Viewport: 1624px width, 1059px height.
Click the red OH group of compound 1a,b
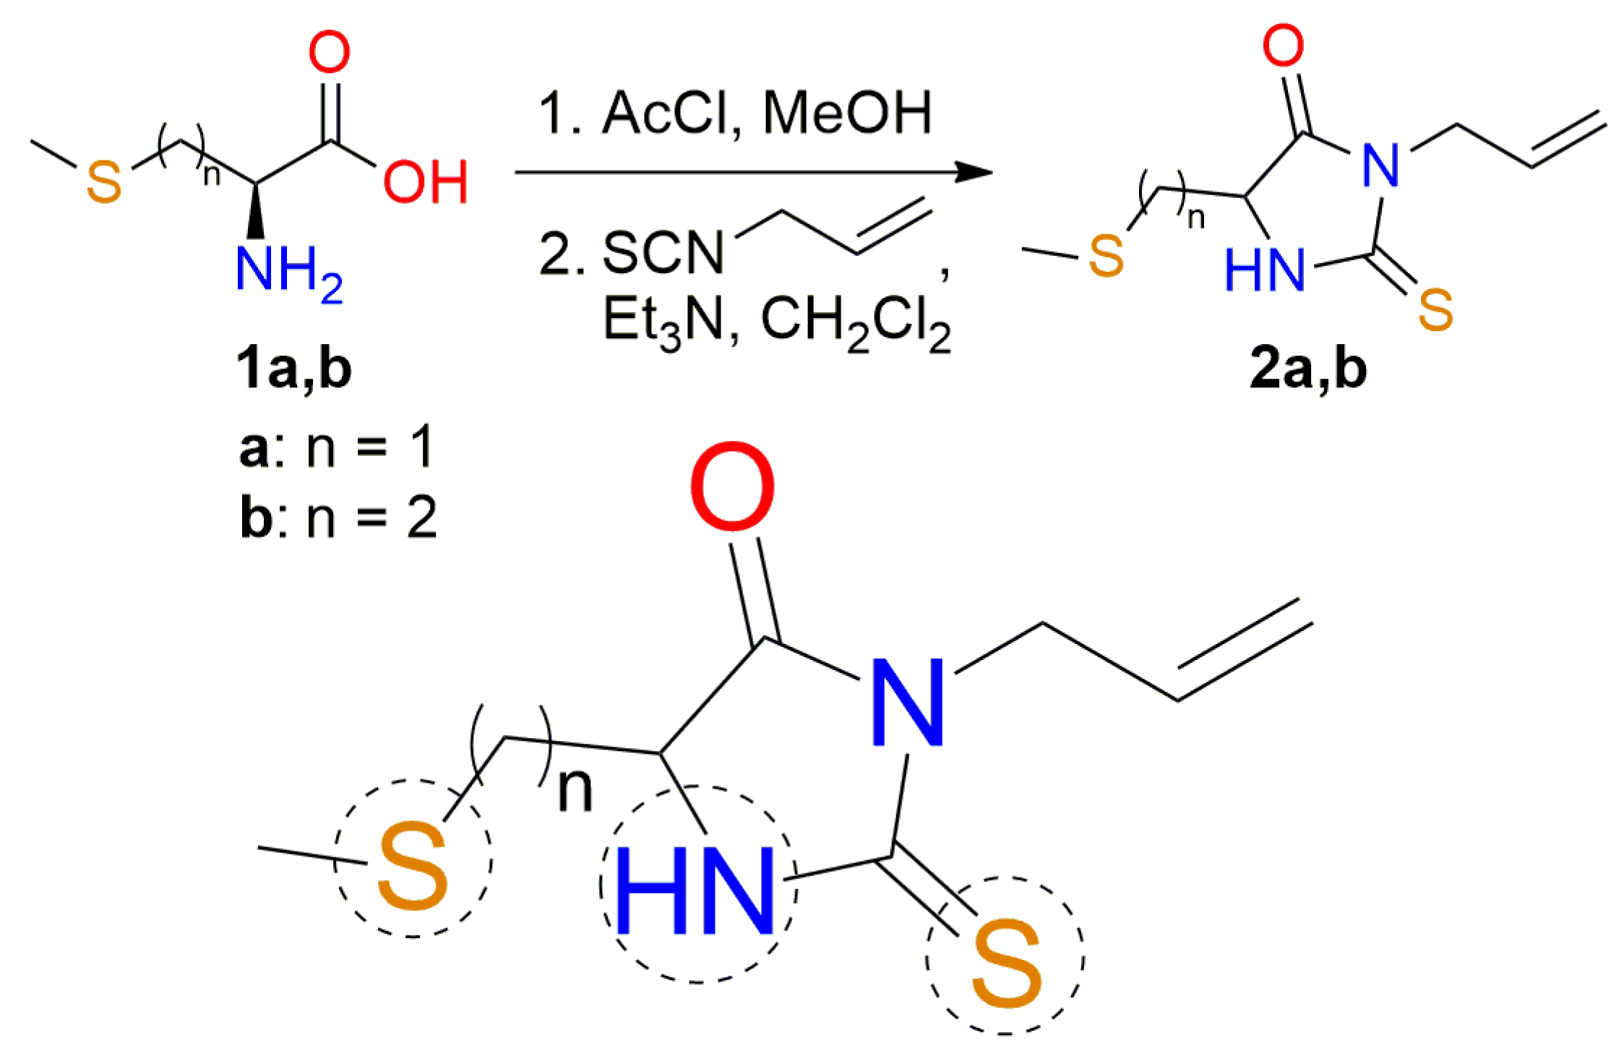tap(425, 181)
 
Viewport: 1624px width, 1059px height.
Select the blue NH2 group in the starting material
tap(288, 272)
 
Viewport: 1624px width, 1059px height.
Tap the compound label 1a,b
tap(293, 369)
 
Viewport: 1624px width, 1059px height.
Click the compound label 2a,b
tap(1308, 369)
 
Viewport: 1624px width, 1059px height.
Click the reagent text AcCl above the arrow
tap(666, 113)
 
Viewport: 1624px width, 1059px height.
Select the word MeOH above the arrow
tap(847, 113)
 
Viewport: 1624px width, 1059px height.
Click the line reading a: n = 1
tap(337, 447)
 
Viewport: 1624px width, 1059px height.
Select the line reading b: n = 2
tap(338, 517)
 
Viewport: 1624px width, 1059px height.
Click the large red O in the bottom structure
tap(732, 487)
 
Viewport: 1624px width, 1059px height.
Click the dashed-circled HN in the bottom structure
tap(695, 891)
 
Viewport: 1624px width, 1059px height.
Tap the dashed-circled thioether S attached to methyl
tap(413, 865)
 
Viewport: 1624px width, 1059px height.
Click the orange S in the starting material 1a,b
tap(103, 182)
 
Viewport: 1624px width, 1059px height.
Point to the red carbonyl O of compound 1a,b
tap(329, 52)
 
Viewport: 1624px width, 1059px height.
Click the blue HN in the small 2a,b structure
tap(1265, 270)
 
